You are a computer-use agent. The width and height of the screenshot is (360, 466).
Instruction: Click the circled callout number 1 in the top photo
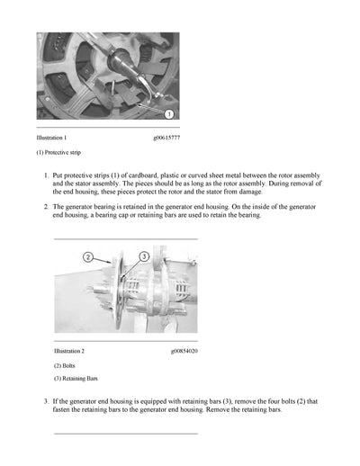tap(170, 114)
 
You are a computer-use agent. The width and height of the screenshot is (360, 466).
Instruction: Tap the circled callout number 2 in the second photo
tap(88, 257)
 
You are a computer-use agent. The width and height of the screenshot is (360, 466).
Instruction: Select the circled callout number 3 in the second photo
tap(143, 257)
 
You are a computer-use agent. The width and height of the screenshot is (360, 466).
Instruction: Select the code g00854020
tap(184, 350)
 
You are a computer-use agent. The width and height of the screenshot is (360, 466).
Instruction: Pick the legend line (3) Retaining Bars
tap(76, 379)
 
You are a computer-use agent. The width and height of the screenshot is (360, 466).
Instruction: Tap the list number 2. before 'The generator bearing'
tap(46, 207)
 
